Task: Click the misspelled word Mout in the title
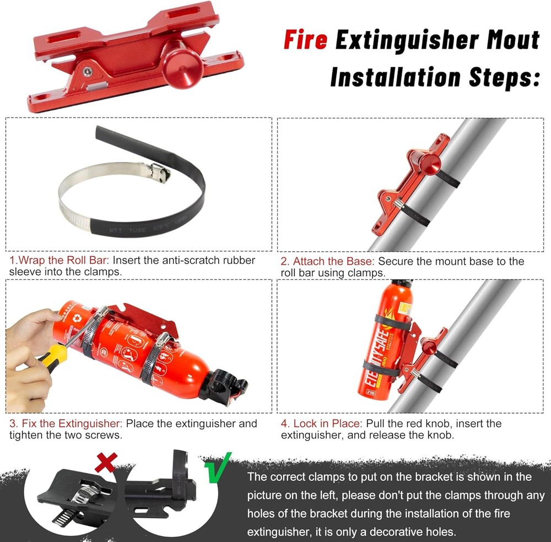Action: tap(506, 41)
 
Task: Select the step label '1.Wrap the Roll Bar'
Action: tap(59, 260)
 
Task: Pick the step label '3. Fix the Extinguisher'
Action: tap(66, 424)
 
